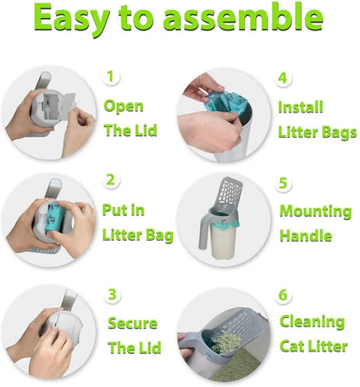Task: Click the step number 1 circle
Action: click(x=111, y=76)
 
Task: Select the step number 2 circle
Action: click(x=111, y=180)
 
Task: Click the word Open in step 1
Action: click(x=124, y=106)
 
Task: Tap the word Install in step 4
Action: click(x=300, y=107)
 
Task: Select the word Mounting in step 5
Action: click(x=315, y=211)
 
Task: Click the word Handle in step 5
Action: click(x=304, y=235)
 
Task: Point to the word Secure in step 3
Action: click(x=132, y=323)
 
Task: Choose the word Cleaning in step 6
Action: click(x=312, y=321)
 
